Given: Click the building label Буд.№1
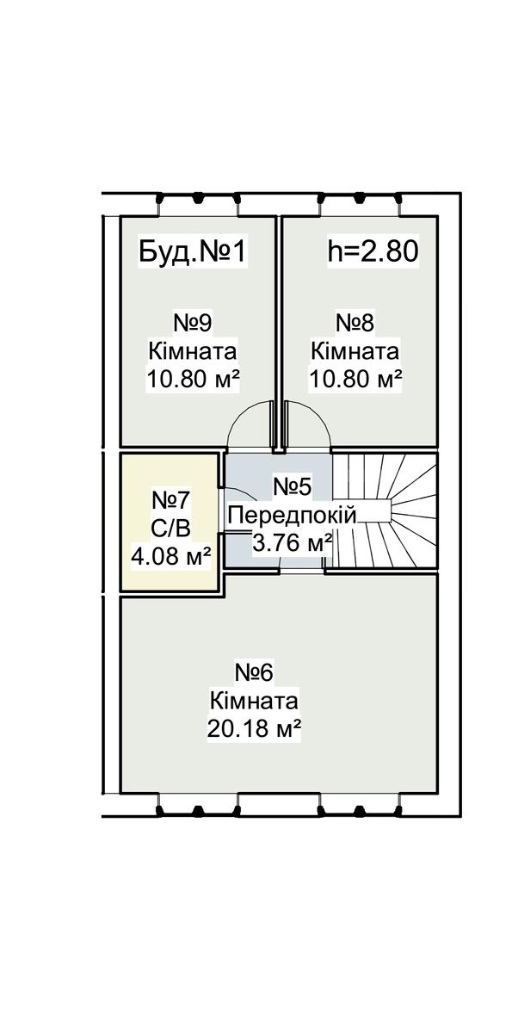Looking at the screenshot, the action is click(193, 252).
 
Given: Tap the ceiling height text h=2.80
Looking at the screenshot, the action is click(373, 251).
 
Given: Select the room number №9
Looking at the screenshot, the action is click(193, 323).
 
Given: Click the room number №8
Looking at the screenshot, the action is click(355, 323).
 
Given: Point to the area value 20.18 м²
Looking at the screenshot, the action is click(255, 729).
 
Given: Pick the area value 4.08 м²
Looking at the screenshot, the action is click(171, 556).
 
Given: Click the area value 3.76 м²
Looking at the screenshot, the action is click(293, 543).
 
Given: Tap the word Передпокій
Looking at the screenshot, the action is click(293, 515).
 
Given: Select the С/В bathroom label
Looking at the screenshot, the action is click(170, 529).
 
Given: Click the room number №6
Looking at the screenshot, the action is click(255, 672).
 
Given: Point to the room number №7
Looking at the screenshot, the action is click(170, 500).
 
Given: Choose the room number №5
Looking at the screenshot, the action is click(293, 487).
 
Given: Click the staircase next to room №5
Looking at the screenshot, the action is click(385, 511).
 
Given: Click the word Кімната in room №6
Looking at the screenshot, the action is click(255, 702).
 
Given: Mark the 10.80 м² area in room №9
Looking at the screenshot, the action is click(193, 380).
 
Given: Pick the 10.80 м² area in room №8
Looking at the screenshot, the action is click(355, 380).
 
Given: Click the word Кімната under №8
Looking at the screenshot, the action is click(355, 351).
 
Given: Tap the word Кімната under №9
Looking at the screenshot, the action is click(193, 351).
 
